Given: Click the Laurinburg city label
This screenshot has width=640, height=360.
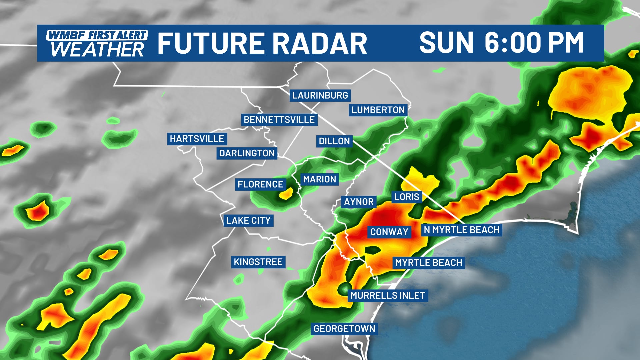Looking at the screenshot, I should pos(320,95).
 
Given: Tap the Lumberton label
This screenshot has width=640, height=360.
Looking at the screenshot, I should pos(378,110).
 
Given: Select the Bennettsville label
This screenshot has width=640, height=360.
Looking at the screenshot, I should pos(279,120).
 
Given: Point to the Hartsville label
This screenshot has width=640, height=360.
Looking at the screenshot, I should pos(197,139).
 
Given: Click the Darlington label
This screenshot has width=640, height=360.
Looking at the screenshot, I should pos(247,153).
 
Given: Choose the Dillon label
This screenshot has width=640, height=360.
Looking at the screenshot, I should pos(334,141).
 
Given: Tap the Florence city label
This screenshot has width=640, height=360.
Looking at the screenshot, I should pos(260,184).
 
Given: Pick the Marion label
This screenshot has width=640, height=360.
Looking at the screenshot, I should pos(319,179).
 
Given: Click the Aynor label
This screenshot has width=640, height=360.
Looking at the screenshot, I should pos(359,202).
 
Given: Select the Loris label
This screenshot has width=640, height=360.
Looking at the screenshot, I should pos(407,197).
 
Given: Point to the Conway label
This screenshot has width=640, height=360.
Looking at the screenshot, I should pos(389,232).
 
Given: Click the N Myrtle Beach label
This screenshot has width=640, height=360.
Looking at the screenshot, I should pos(461,230).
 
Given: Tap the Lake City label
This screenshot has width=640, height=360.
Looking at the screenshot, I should pos(248,221).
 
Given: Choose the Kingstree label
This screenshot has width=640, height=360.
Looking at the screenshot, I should pos(258,262).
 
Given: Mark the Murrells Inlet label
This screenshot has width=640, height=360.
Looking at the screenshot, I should pos(388,296).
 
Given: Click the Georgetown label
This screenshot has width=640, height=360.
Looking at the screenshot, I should pos(344,329).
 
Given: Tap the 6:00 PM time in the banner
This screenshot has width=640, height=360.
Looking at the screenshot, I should pos(534,43).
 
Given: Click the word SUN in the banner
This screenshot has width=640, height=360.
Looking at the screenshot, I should pos(446,43).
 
